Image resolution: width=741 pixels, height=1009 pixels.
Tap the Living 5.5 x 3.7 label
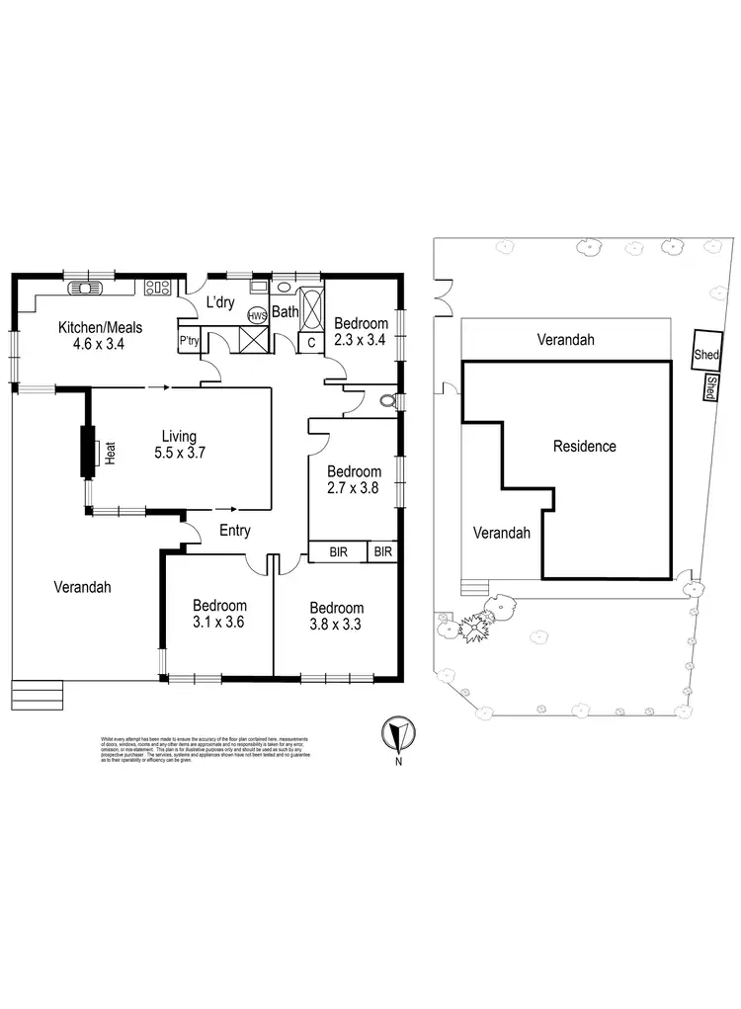click(182, 445)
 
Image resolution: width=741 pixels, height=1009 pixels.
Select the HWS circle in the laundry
click(256, 316)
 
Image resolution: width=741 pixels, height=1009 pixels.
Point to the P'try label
click(189, 341)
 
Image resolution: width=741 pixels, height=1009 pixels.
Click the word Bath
click(286, 312)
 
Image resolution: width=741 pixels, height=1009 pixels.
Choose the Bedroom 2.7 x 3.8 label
click(353, 479)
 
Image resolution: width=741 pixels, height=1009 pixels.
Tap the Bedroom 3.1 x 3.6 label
click(219, 614)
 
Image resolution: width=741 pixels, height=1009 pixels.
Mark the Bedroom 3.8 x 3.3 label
click(336, 616)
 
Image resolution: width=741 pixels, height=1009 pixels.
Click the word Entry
click(235, 531)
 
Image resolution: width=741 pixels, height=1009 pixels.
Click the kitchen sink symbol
click(80, 289)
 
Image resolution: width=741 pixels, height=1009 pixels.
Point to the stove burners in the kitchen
click(155, 289)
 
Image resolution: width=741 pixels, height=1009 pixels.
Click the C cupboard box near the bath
click(311, 342)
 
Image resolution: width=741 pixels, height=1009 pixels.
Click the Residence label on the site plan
click(584, 446)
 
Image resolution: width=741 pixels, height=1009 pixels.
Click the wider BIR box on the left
click(338, 551)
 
